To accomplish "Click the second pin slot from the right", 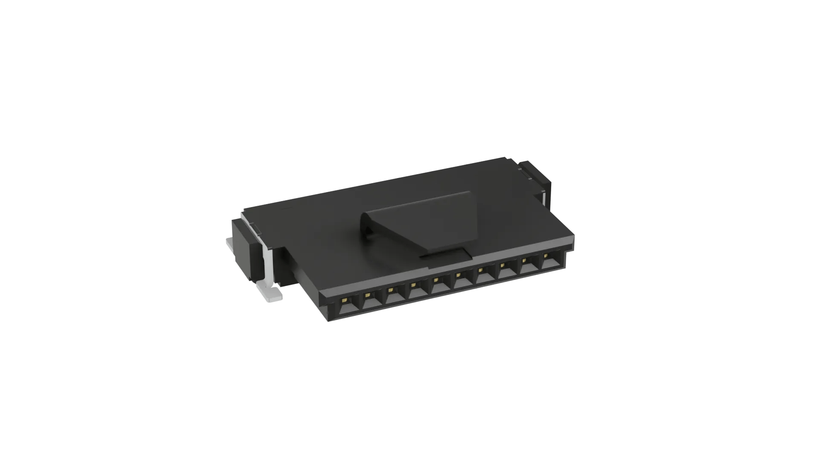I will pos(528,267).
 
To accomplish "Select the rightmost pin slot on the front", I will pos(550,262).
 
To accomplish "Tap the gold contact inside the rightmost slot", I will pos(546,256).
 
